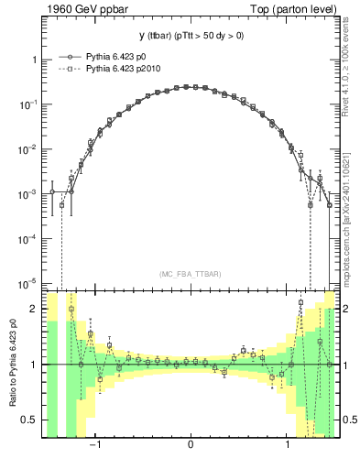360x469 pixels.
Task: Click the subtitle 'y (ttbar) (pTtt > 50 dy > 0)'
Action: pyautogui.click(x=190, y=37)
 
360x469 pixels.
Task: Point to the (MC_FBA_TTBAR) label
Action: pyautogui.click(x=190, y=275)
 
